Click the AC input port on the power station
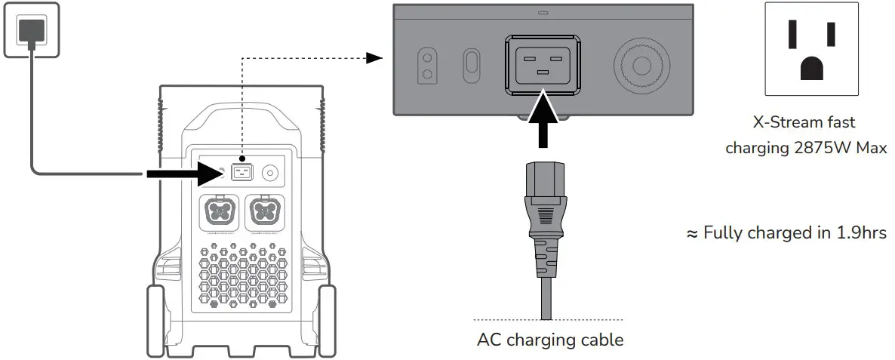(241, 173)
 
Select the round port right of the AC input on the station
(269, 173)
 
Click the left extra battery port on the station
(221, 213)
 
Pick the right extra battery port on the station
(265, 213)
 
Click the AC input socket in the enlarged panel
(541, 64)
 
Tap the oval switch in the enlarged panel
(471, 63)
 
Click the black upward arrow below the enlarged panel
(541, 125)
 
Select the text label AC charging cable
(550, 340)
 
